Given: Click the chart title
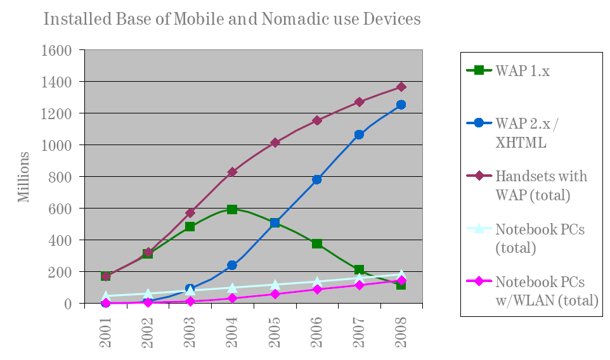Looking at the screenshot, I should coord(231,19).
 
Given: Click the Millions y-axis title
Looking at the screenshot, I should coord(23,177).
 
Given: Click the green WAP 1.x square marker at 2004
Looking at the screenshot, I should coord(232,209).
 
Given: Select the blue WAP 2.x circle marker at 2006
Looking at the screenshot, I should coord(317,180).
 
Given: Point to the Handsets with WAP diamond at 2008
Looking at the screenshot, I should coord(401,87).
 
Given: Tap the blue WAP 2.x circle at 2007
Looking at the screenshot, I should coord(359,134).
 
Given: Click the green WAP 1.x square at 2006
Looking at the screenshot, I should coord(317,243).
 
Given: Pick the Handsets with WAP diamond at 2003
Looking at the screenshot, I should coord(190,213).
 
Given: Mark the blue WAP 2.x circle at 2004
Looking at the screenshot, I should coord(232,265).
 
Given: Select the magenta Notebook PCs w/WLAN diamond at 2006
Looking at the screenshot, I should coord(317,290).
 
